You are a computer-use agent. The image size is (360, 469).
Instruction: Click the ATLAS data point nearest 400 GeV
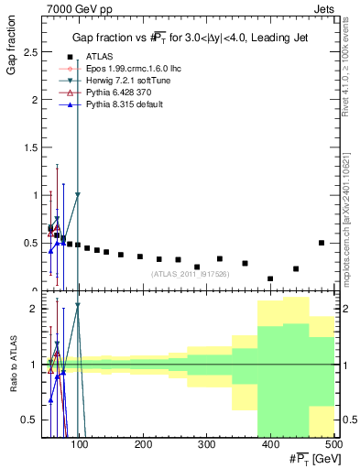click(270, 278)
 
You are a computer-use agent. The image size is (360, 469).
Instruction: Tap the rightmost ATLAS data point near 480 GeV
click(321, 243)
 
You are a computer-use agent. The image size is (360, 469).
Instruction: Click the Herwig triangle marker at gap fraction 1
click(78, 194)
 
